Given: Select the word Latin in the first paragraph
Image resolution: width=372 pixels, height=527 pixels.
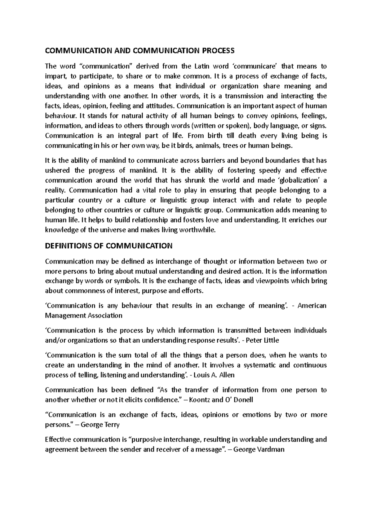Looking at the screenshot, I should [x=202, y=66].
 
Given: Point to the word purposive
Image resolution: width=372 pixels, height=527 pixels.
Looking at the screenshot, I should [x=148, y=439].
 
